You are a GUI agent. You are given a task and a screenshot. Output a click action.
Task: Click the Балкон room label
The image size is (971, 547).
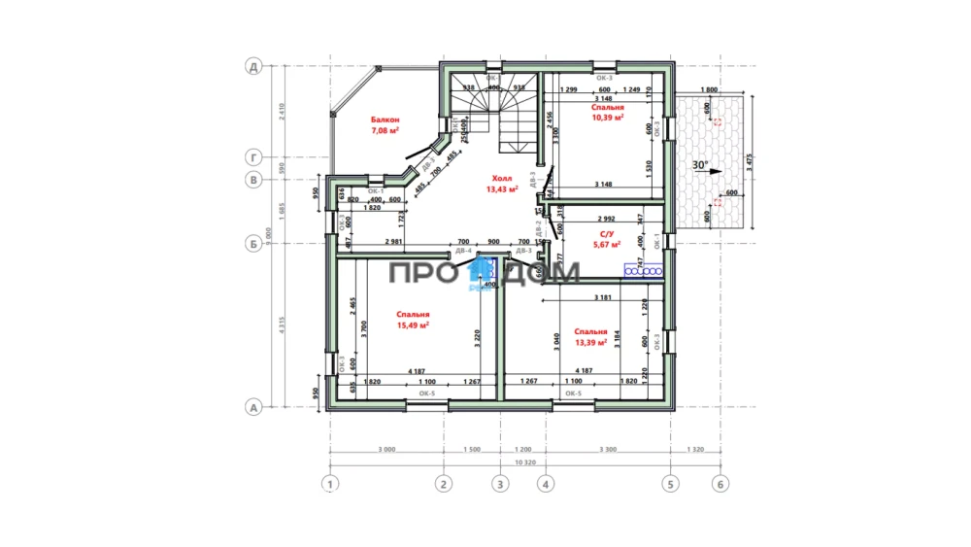(385, 120)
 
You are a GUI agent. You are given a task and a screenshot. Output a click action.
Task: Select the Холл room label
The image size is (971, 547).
(501, 179)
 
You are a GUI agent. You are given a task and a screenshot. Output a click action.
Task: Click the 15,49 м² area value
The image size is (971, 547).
(413, 325)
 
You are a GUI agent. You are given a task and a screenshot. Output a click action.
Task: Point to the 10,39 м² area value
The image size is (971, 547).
(608, 117)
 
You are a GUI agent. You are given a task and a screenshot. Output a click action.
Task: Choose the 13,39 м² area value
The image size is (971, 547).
(590, 342)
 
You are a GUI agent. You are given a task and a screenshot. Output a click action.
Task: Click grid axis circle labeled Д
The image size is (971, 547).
(253, 67)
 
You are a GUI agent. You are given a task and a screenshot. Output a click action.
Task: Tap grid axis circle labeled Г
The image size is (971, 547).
(253, 156)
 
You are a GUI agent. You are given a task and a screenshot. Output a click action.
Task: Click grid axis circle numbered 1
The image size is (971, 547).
(330, 483)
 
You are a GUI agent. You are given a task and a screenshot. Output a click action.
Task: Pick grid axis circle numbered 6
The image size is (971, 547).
(719, 483)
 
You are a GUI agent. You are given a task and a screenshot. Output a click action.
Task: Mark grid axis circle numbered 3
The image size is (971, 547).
(499, 483)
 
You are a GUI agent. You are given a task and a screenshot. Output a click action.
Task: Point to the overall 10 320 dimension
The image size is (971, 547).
(524, 462)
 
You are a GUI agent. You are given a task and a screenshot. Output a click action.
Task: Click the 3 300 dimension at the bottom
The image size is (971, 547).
(606, 451)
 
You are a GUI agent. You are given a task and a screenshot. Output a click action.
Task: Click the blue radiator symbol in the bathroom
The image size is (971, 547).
(644, 271)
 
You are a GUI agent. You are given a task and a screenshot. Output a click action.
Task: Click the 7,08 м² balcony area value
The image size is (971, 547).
(385, 129)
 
